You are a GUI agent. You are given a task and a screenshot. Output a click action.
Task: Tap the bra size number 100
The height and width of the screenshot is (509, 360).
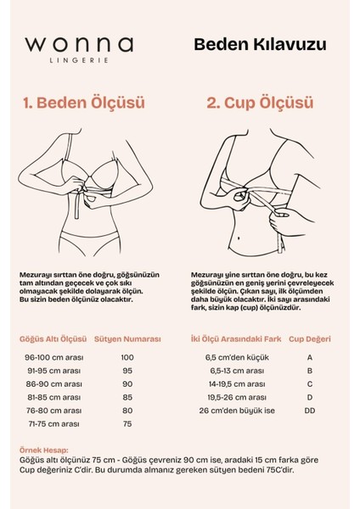127,357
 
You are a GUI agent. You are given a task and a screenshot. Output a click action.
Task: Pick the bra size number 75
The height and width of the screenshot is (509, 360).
127,422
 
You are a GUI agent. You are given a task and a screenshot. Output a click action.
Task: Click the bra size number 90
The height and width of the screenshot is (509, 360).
127,383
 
